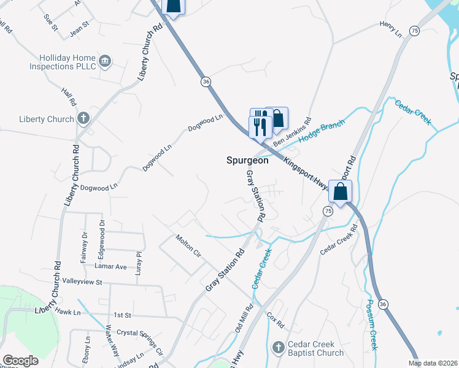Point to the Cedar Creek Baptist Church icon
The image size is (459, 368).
pyautogui.click(x=279, y=347)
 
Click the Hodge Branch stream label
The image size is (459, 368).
pyautogui.click(x=322, y=131)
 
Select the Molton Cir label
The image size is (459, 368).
pyautogui.click(x=188, y=245)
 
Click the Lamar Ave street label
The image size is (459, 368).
pyautogui.click(x=110, y=266)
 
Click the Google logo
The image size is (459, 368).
pyautogui.click(x=20, y=361)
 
